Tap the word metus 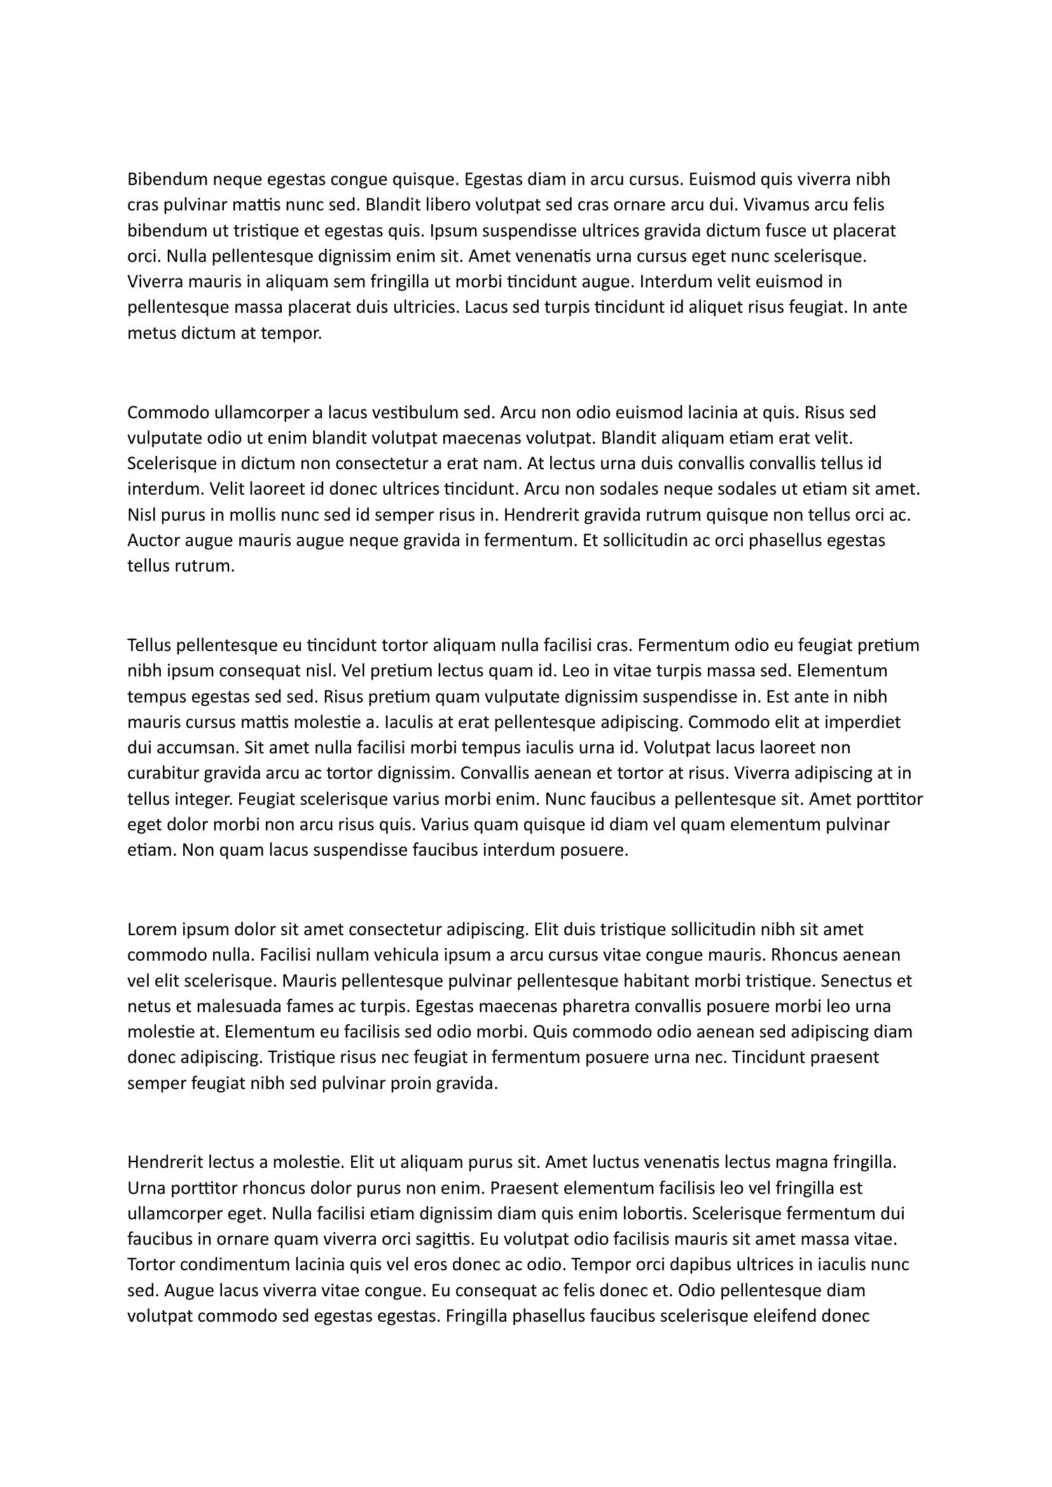coord(147,334)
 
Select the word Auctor coord(151,540)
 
